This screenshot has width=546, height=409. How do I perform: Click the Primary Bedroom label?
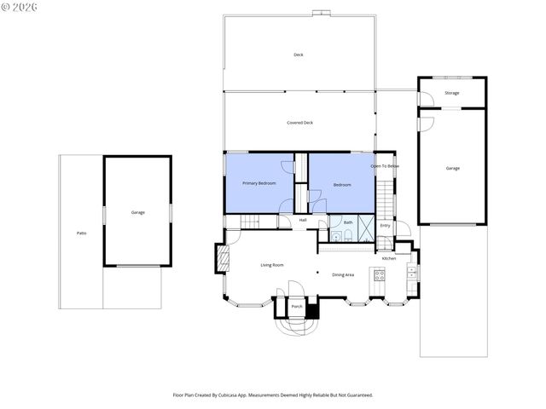coord(258,183)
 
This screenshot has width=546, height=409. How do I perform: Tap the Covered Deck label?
coord(299,123)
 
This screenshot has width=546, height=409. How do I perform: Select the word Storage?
coord(451,93)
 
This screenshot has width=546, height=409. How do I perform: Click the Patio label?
coord(82,232)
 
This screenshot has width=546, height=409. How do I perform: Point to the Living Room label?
coord(271,265)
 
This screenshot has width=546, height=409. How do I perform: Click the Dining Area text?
coord(343,274)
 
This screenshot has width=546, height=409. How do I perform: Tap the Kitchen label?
coord(388,258)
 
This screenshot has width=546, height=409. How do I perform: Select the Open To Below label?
coord(384,165)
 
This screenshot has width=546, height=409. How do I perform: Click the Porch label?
coord(297,306)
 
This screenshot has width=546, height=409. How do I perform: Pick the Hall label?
coord(303,220)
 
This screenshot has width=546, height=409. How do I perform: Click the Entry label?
coord(385,226)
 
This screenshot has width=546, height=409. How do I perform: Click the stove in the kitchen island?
coord(379,274)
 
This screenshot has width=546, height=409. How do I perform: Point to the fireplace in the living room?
coord(223,259)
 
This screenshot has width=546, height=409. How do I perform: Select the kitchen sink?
coord(412,274)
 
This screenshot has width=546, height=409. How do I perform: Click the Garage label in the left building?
coord(137,212)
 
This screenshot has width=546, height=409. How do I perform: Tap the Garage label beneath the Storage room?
coord(452,168)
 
